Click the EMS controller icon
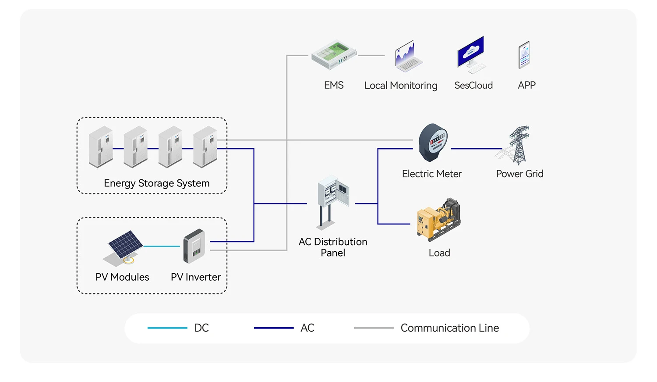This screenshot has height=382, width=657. tap(334, 55)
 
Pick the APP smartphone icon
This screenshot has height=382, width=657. tap(524, 55)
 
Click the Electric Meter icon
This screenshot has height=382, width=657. tap(433, 143)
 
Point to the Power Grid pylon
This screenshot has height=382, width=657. tap(518, 145)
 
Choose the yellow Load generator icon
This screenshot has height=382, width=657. tap(438, 219)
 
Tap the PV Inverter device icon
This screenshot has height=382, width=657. tap(194, 246)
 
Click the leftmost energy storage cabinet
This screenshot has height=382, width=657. tap(101, 147)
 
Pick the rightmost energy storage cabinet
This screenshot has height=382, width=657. tap(205, 147)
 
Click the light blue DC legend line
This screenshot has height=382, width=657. tap(167, 328)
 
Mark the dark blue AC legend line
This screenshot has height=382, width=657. tap(274, 328)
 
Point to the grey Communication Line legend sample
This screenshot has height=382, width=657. tap(374, 328)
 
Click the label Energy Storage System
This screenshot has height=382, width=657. tap(156, 183)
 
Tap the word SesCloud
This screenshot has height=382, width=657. tap(473, 85)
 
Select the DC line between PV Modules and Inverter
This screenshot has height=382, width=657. tap(162, 246)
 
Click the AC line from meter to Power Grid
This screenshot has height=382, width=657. tap(476, 149)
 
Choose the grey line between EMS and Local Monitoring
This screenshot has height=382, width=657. tap(371, 55)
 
